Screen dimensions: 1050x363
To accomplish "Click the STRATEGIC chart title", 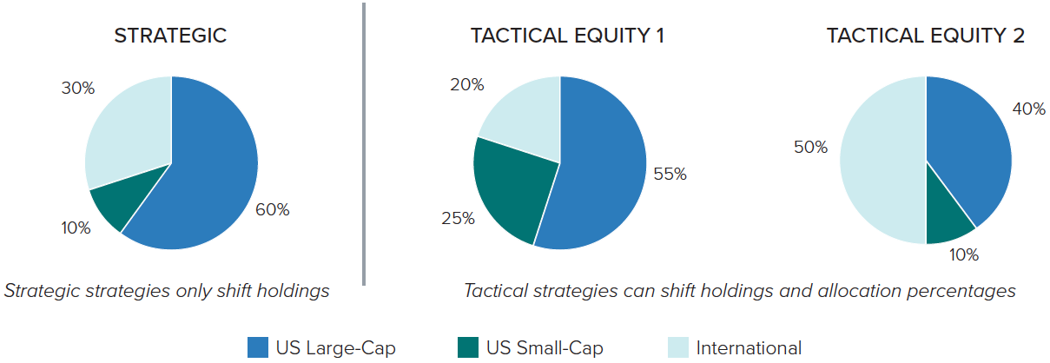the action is [170, 36].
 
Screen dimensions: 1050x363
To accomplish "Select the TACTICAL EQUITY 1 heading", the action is [567, 36].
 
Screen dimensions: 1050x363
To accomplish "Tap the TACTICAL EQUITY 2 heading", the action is [925, 36].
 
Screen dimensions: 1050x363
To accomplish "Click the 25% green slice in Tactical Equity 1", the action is [511, 188].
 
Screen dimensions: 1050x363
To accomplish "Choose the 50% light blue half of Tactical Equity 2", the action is [882, 161].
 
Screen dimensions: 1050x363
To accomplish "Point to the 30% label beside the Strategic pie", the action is [78, 89].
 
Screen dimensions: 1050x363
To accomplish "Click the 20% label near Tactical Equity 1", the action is [467, 85].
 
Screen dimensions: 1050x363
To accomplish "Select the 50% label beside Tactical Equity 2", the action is [810, 148].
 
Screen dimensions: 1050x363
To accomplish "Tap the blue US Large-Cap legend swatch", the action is [258, 347].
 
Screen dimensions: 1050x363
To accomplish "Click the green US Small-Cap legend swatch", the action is [468, 347].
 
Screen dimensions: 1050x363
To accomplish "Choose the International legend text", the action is [749, 348].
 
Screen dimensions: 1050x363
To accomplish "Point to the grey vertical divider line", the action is [364, 144].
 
